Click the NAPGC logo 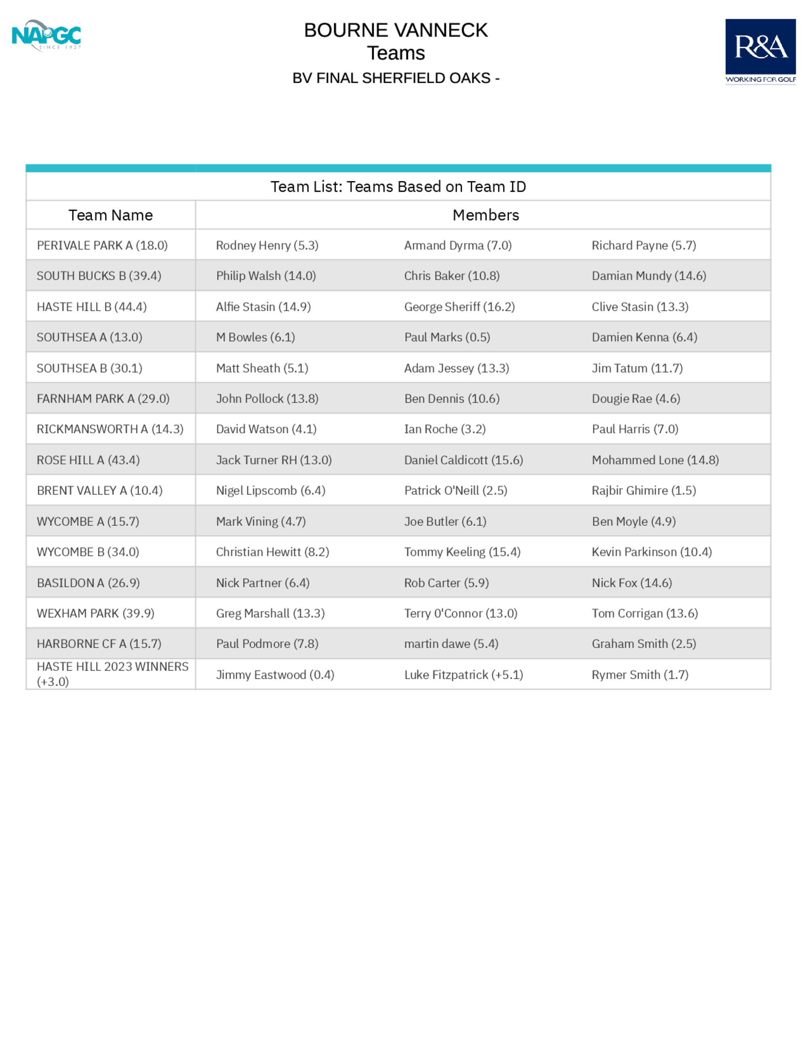46,35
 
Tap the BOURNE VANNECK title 396,30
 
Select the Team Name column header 111,215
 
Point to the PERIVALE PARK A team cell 102,246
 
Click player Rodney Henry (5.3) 267,246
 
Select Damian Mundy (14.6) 648,276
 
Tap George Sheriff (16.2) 459,307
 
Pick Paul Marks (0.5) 447,337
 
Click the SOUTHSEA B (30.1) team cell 90,368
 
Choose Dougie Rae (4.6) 635,399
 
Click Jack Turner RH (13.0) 274,460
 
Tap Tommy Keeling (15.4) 462,552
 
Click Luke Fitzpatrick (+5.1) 463,675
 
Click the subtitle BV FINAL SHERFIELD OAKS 396,78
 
